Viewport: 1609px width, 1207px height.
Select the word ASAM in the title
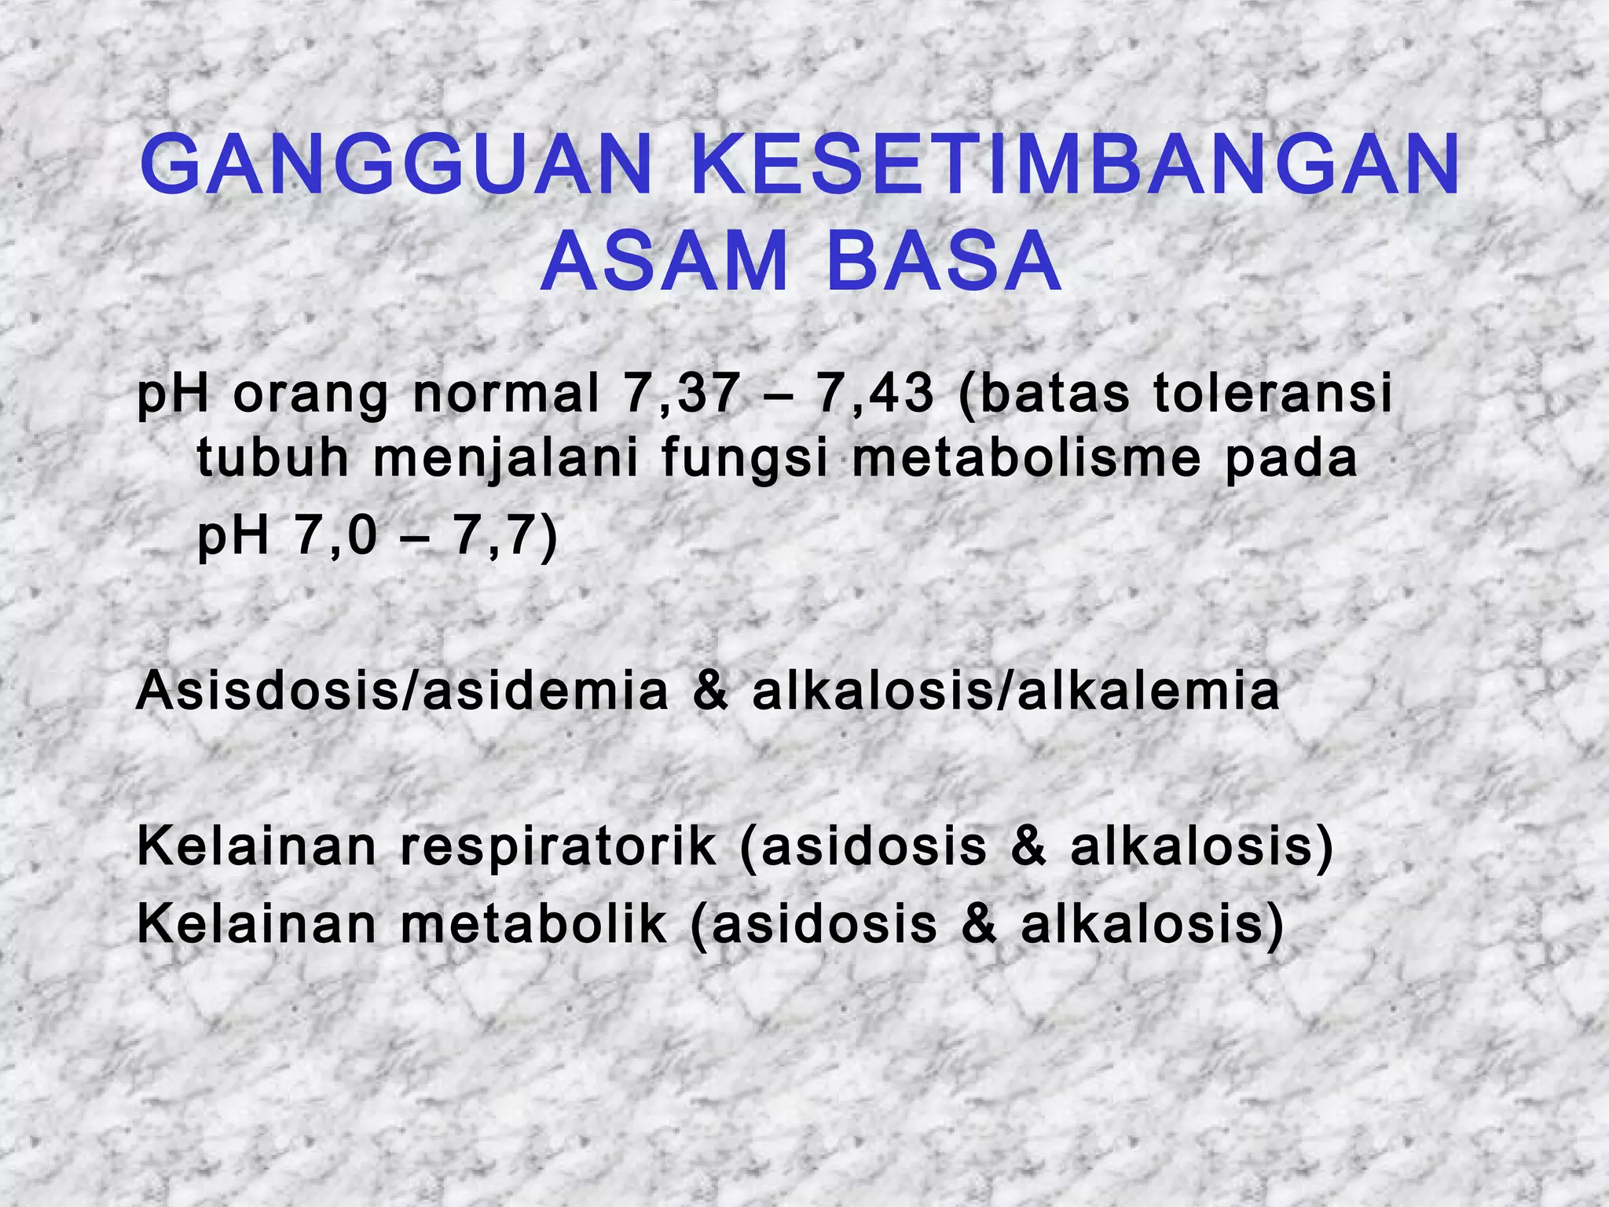click(x=664, y=262)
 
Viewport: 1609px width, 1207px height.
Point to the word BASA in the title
click(x=944, y=262)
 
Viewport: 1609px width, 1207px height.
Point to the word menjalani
click(x=506, y=460)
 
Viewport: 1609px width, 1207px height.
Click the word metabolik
click(x=533, y=925)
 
